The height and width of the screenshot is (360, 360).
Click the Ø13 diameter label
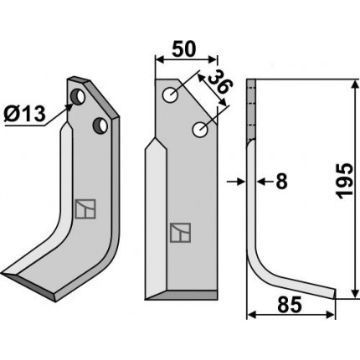tap(24, 115)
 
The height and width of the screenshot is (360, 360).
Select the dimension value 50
tap(184, 49)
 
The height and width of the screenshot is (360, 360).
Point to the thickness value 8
tap(281, 182)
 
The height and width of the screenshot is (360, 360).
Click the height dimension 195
tap(345, 181)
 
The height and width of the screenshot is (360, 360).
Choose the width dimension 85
tap(290, 305)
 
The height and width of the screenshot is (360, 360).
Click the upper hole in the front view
tap(171, 95)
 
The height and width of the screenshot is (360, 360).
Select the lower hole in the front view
tap(200, 130)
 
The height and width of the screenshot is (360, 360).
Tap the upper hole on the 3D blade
tap(78, 96)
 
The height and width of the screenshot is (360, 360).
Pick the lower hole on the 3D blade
tap(100, 126)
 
